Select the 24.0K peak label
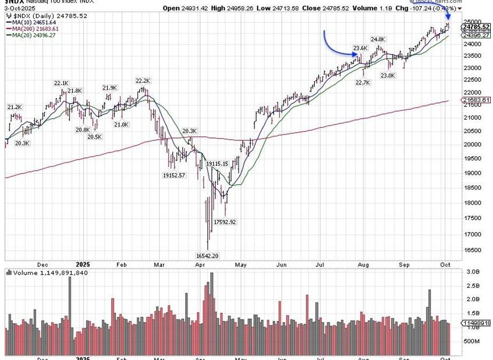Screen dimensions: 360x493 [x=378, y=39]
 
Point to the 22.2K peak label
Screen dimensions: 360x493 [x=142, y=81]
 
